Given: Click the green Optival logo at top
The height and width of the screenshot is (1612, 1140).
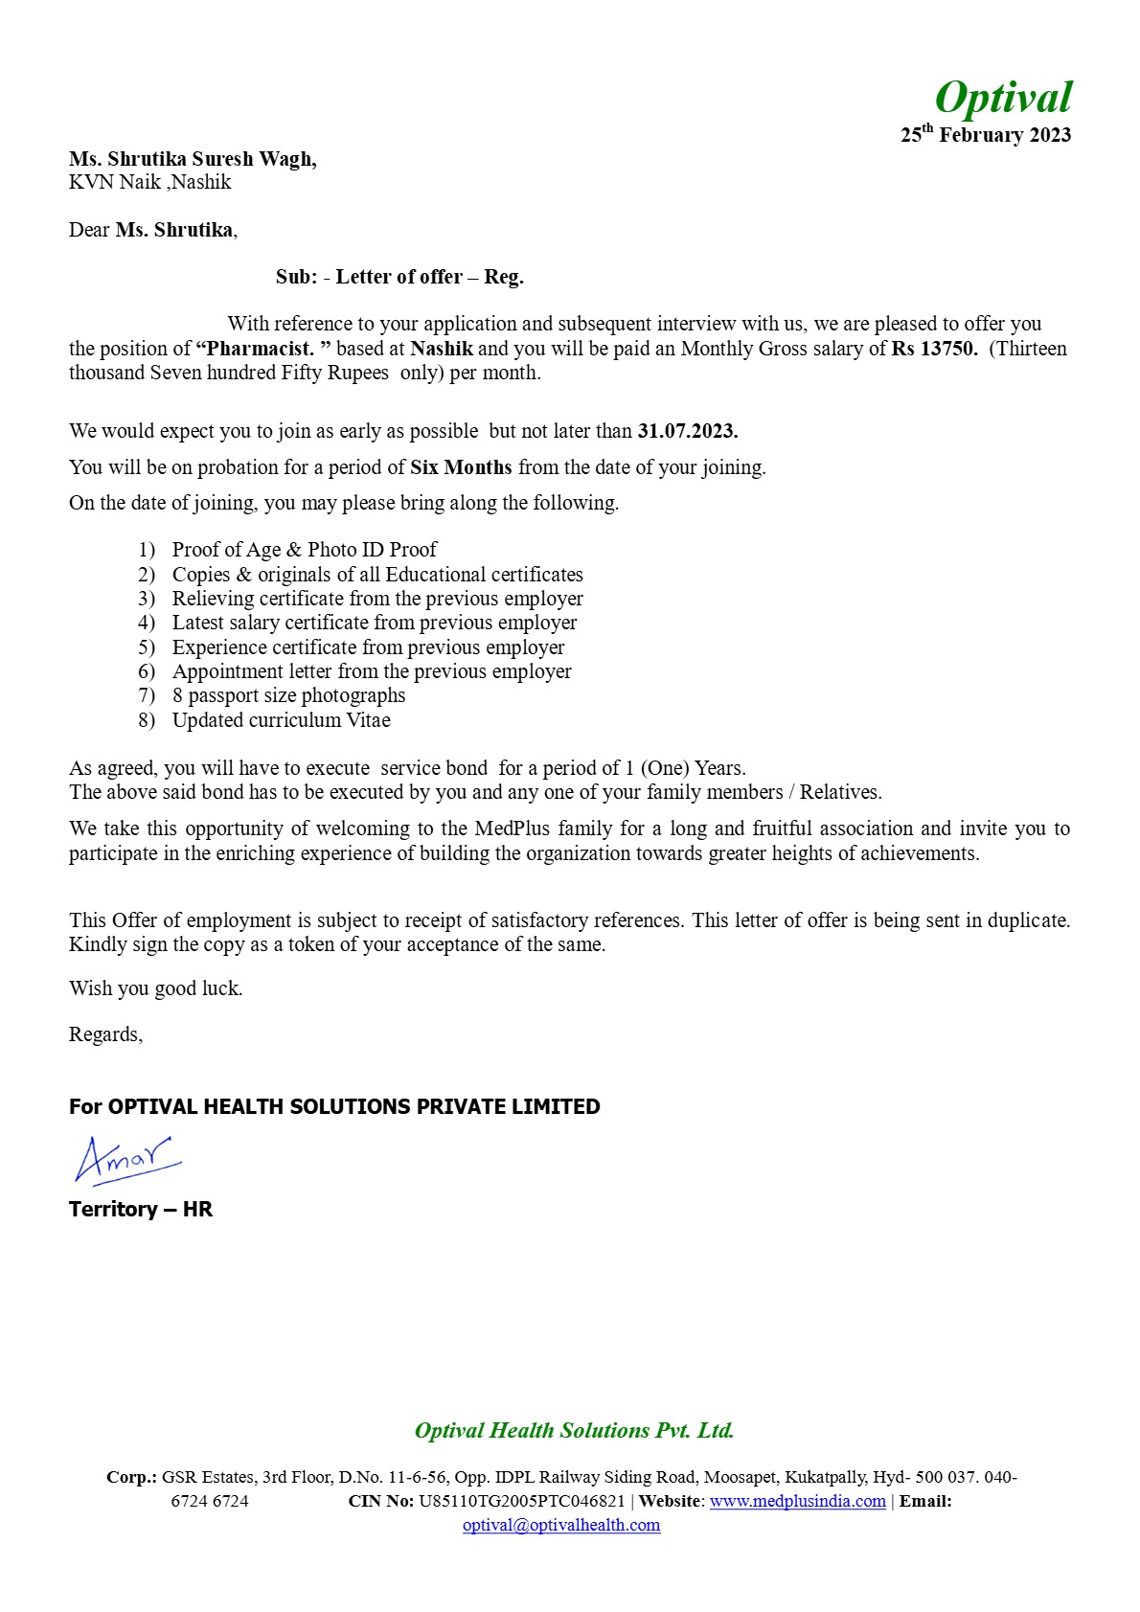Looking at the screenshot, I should (x=1003, y=98).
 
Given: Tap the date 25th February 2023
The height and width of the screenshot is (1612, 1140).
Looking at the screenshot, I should (x=985, y=135).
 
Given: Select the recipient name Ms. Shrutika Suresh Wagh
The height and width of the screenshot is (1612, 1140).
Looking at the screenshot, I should (x=193, y=159).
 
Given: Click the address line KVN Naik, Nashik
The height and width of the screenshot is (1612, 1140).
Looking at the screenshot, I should (x=149, y=182).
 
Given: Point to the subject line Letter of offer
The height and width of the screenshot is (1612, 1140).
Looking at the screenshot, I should (x=399, y=277).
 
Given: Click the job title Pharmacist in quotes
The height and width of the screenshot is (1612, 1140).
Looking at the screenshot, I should (x=262, y=349).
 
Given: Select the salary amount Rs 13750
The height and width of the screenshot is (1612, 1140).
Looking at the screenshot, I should (x=934, y=349).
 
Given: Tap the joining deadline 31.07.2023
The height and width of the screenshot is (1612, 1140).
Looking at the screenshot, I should (x=687, y=431).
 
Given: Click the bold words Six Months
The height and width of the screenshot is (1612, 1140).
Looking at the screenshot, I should (x=461, y=467).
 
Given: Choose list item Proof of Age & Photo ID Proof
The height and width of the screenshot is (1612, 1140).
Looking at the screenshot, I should (x=304, y=550).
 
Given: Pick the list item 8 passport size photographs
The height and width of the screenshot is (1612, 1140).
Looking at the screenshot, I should (x=288, y=695).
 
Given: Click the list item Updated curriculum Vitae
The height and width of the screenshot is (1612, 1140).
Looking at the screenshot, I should (x=281, y=720).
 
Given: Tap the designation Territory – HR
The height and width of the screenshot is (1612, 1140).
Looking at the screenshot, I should (x=141, y=1209).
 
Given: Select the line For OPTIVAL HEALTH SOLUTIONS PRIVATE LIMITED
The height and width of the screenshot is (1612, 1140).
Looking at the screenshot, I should (x=334, y=1106).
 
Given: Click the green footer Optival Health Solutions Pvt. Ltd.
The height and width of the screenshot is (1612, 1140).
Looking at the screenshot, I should (x=574, y=1430).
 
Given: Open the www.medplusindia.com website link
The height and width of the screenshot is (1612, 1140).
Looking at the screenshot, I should (x=797, y=1501).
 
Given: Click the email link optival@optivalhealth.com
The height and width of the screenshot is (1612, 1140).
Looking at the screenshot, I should (x=561, y=1525).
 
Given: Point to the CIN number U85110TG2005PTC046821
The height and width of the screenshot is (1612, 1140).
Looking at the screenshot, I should (x=521, y=1501).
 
